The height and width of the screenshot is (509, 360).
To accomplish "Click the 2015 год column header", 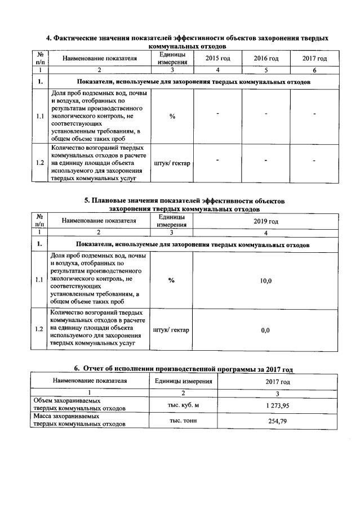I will point(217,59).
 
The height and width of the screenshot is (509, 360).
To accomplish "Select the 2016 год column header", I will point(266,59).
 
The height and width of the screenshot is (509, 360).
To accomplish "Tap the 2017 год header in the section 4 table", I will point(314,59).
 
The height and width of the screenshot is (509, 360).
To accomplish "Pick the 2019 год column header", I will point(266,221).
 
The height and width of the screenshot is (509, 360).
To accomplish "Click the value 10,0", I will point(266,280).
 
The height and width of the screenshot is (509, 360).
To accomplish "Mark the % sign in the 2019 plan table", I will point(172,280).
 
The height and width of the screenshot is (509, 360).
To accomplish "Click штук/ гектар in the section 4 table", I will point(172,163).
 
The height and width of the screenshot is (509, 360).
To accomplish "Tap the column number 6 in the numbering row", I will point(314,70).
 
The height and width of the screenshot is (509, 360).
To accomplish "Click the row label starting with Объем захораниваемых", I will point(79,405).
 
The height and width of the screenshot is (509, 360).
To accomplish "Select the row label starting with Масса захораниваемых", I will point(79,420).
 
